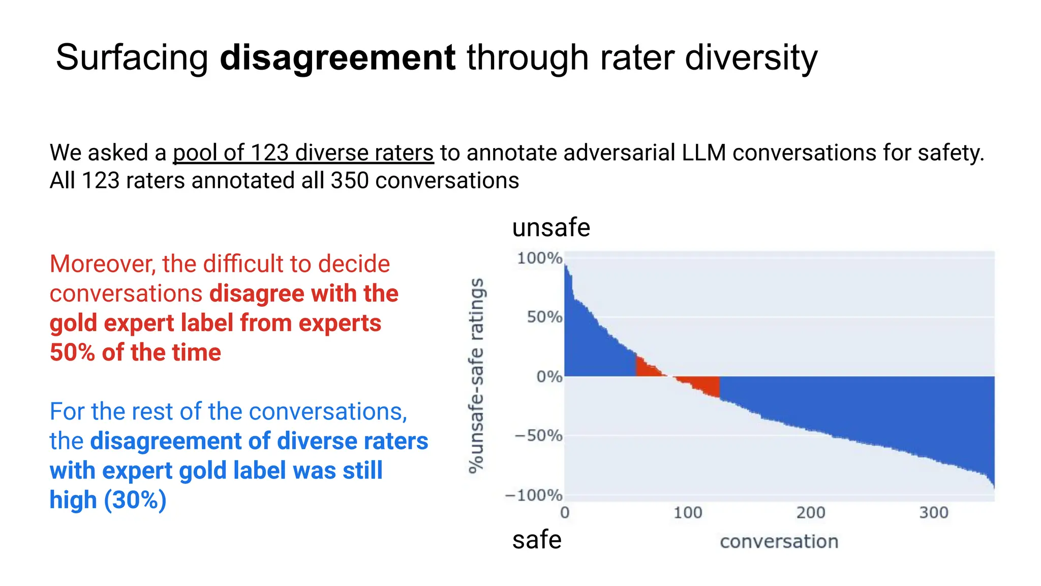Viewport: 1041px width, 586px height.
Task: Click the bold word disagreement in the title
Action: [x=338, y=57]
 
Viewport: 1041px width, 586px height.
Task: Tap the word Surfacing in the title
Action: [x=132, y=57]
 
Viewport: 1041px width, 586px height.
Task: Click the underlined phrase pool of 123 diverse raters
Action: [x=303, y=153]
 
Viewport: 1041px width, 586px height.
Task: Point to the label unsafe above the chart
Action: [x=551, y=227]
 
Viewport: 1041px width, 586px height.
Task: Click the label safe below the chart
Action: [x=536, y=540]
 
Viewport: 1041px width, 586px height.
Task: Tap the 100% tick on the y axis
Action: [x=539, y=258]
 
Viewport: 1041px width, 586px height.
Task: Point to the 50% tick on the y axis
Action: [x=544, y=317]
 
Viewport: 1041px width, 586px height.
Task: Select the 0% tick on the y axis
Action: [x=549, y=377]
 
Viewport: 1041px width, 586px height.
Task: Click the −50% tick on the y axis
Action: [x=538, y=436]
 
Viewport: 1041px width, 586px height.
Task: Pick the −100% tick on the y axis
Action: [x=534, y=495]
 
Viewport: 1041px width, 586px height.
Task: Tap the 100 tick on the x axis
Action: [x=688, y=513]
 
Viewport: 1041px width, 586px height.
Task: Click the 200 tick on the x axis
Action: [x=811, y=513]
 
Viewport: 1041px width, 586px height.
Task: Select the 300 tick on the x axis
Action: [x=934, y=513]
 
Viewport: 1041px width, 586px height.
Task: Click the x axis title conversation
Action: [x=779, y=542]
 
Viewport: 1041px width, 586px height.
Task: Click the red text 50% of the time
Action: [x=135, y=353]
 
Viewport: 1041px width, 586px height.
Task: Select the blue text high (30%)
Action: [x=108, y=500]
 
